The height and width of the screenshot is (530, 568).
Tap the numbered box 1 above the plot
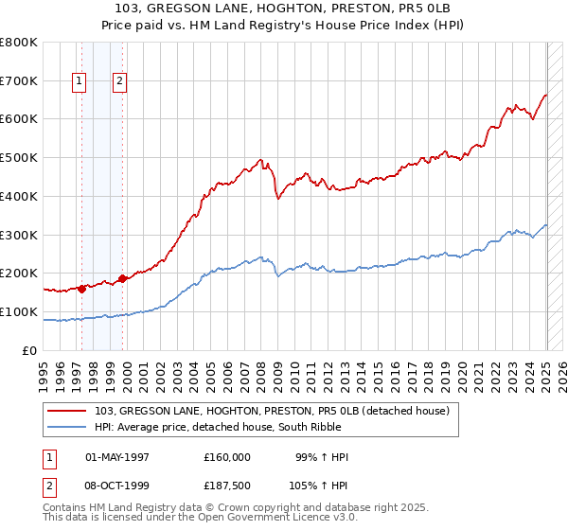[x=80, y=82]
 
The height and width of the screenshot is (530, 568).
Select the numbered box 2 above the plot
[x=120, y=82]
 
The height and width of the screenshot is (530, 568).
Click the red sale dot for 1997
[x=81, y=289]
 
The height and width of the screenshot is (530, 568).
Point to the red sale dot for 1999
[x=122, y=278]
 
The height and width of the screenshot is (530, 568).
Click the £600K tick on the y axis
[x=21, y=119]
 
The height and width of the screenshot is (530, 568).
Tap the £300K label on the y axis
[x=21, y=235]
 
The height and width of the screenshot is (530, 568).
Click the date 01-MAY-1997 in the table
[x=117, y=457]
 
